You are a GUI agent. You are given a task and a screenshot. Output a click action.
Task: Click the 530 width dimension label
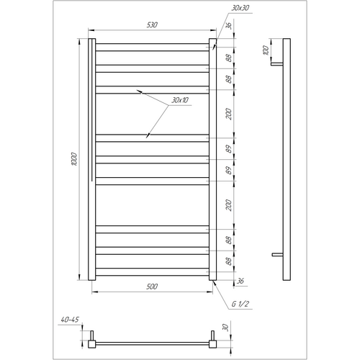152,24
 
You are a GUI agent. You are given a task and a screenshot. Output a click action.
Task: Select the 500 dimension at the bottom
152,287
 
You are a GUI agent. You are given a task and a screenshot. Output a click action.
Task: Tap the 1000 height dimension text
74,158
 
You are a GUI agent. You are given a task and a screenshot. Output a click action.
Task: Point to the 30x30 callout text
240,8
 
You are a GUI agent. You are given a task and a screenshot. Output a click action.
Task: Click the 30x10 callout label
180,100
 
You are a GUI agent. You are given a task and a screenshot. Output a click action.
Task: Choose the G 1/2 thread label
240,304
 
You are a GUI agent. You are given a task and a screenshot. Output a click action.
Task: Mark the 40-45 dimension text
70,320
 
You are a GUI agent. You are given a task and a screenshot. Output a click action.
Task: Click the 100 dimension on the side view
266,50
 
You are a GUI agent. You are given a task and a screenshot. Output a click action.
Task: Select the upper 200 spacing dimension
229,114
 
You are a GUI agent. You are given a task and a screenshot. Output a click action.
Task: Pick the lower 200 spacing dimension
229,205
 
